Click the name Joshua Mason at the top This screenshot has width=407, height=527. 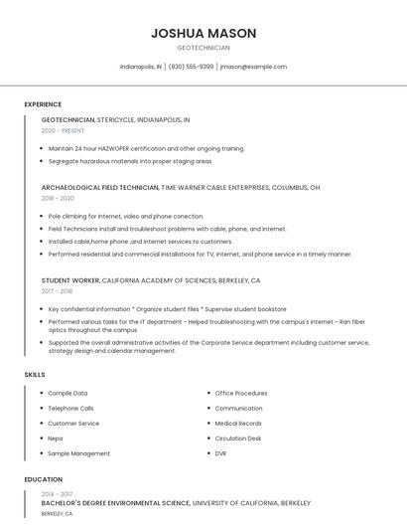[203, 33]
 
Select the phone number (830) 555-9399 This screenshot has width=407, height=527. [191, 67]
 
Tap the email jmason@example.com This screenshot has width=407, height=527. [253, 67]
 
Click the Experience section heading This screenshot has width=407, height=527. [43, 104]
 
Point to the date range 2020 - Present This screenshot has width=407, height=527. [63, 130]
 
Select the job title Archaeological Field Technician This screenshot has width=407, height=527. [99, 187]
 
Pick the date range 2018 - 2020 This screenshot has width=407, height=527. [58, 198]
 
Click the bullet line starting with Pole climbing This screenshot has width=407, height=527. [126, 216]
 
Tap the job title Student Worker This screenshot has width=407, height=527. [69, 280]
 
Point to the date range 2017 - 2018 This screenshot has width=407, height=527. [58, 291]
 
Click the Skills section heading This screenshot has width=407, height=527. [35, 375]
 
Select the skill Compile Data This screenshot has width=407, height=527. [68, 394]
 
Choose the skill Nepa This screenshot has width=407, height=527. [57, 439]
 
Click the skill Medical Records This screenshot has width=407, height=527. [237, 424]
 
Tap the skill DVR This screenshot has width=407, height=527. [220, 453]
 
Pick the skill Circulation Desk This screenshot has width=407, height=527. [237, 439]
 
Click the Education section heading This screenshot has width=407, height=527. [43, 479]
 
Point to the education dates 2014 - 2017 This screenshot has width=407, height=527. [57, 494]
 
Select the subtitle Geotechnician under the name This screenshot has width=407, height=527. [203, 48]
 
